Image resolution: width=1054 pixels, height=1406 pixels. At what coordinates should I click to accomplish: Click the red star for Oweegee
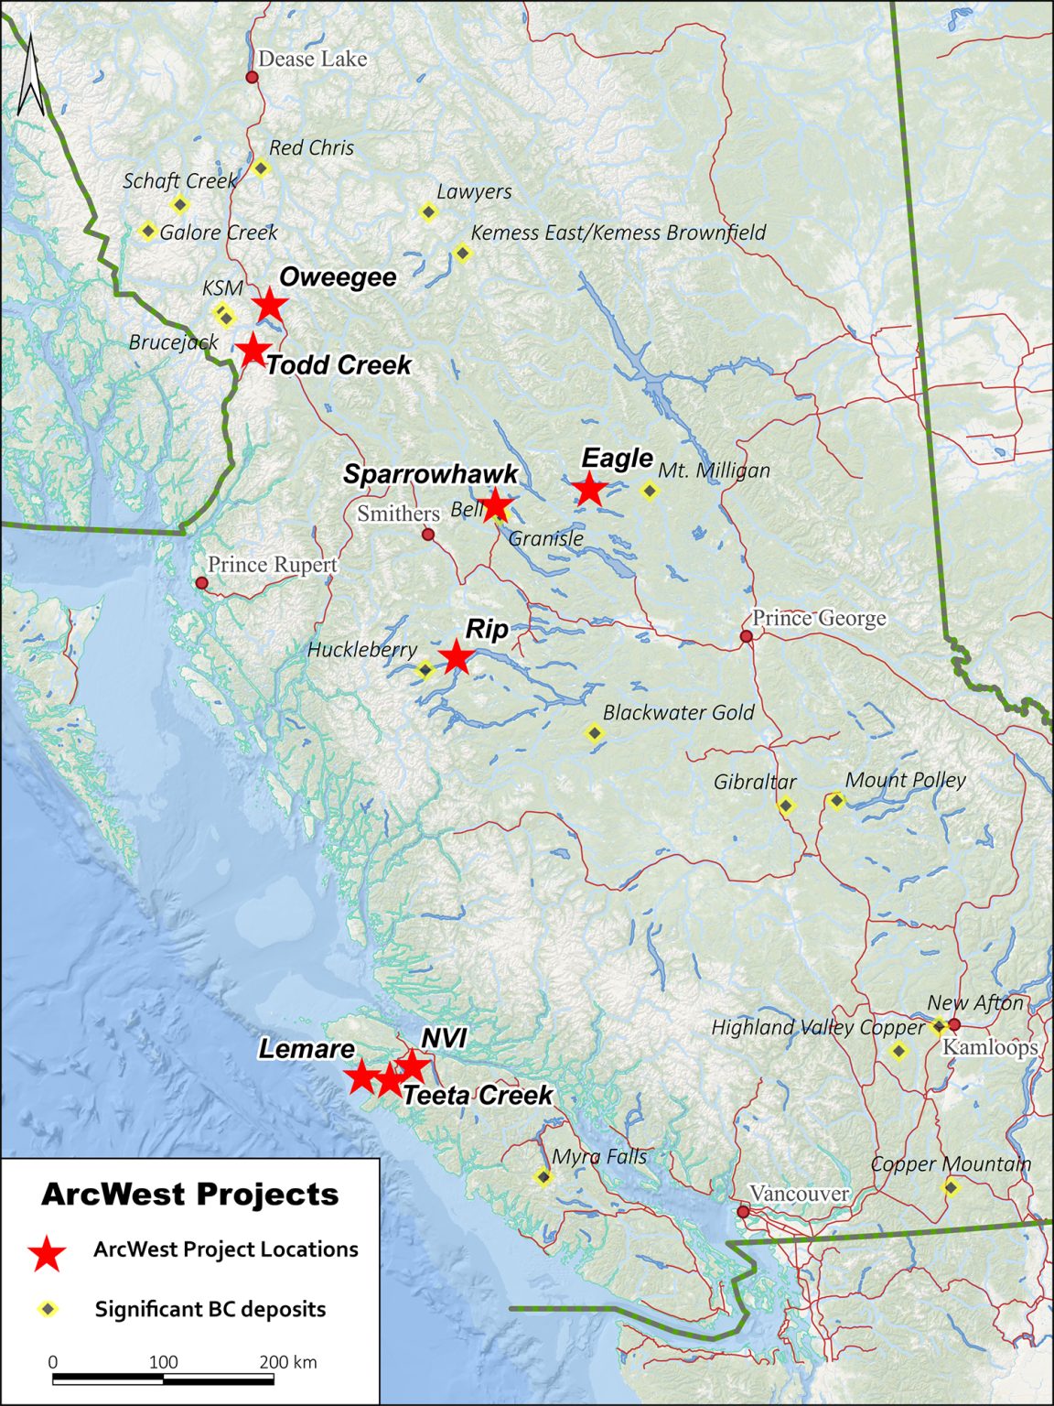[269, 305]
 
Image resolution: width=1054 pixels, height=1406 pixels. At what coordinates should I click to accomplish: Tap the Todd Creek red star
[253, 349]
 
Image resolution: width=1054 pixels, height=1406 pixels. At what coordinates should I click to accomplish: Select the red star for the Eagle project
[590, 489]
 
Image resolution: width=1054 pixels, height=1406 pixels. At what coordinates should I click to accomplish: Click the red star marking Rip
[456, 656]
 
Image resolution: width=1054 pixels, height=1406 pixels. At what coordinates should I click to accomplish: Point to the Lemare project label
[306, 1049]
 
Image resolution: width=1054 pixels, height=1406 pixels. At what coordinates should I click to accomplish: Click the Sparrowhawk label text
[431, 474]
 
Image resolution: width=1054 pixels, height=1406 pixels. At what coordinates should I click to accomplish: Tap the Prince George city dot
[747, 636]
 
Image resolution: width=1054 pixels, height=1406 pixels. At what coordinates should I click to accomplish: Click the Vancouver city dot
[743, 1211]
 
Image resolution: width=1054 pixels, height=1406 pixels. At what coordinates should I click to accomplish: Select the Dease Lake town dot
[252, 77]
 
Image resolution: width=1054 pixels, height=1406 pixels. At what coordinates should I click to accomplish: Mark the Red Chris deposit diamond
[260, 168]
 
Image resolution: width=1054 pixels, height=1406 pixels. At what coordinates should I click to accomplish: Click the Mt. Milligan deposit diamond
[649, 491]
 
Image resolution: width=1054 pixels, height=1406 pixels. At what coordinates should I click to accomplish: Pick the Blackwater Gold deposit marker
[595, 732]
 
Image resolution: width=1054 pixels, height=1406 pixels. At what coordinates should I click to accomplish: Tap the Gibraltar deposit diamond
[785, 806]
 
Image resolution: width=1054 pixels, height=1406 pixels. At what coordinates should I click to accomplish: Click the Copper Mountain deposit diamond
[951, 1188]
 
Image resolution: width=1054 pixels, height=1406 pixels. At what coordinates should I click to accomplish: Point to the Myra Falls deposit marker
[543, 1177]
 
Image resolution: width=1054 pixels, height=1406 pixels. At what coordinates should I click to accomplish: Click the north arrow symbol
[31, 75]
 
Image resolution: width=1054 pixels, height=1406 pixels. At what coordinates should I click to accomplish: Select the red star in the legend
[47, 1253]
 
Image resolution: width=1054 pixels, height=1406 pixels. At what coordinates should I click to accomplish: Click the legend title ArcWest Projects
[190, 1195]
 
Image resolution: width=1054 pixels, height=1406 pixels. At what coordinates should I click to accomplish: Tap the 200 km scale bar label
[287, 1362]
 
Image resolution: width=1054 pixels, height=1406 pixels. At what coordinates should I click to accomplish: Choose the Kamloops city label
[990, 1047]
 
